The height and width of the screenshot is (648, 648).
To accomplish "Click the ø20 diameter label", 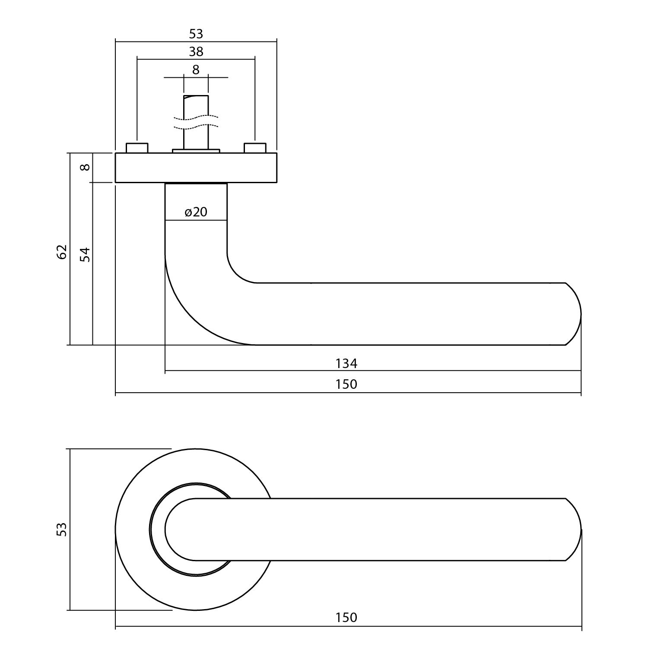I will tap(196, 212).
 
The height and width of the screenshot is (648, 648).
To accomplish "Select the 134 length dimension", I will tap(346, 364).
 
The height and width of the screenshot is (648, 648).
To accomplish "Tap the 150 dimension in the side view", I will tap(346, 384).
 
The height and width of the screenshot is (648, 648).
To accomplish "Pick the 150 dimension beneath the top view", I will tap(346, 617).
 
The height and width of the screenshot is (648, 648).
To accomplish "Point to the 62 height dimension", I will tap(62, 251).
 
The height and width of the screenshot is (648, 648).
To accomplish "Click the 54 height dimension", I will tap(86, 254).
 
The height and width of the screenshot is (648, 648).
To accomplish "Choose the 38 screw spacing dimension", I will tap(196, 52).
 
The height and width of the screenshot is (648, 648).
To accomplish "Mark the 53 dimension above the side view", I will tap(196, 34).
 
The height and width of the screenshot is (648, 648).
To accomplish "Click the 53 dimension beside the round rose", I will tap(62, 529).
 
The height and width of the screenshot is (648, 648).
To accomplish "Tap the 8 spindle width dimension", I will tap(196, 70).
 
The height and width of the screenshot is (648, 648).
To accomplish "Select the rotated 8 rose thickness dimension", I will tap(86, 167).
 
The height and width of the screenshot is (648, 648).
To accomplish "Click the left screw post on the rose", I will tap(137, 148).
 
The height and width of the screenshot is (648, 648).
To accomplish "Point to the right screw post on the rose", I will tap(255, 148).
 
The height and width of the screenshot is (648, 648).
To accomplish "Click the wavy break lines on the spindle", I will tap(196, 122).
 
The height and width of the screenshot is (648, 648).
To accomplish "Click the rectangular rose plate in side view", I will tap(196, 168).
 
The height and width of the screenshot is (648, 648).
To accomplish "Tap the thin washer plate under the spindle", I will tap(196, 151).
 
